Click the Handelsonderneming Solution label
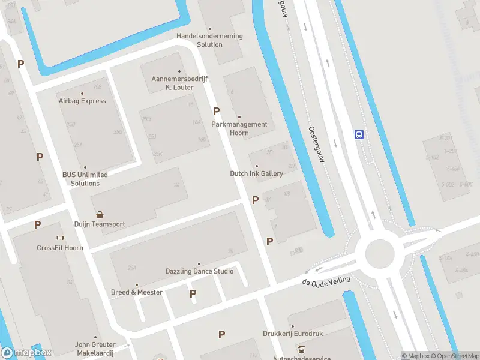pyautogui.click(x=209, y=40)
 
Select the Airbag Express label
pyautogui.click(x=82, y=101)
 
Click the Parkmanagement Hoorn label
pyautogui.click(x=239, y=128)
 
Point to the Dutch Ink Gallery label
pyautogui.click(x=256, y=173)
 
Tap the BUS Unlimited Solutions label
pyautogui.click(x=85, y=179)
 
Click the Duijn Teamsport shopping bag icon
pyautogui.click(x=100, y=214)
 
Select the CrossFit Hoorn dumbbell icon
pyautogui.click(x=60, y=238)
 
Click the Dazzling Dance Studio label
pyautogui.click(x=199, y=271)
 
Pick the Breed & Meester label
pyautogui.click(x=137, y=292)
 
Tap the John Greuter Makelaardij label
pyautogui.click(x=95, y=349)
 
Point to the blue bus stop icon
pyautogui.click(x=359, y=134)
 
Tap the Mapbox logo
pyautogui.click(x=26, y=352)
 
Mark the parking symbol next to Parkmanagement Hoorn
pyautogui.click(x=217, y=111)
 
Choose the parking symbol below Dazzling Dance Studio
pyautogui.click(x=193, y=293)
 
